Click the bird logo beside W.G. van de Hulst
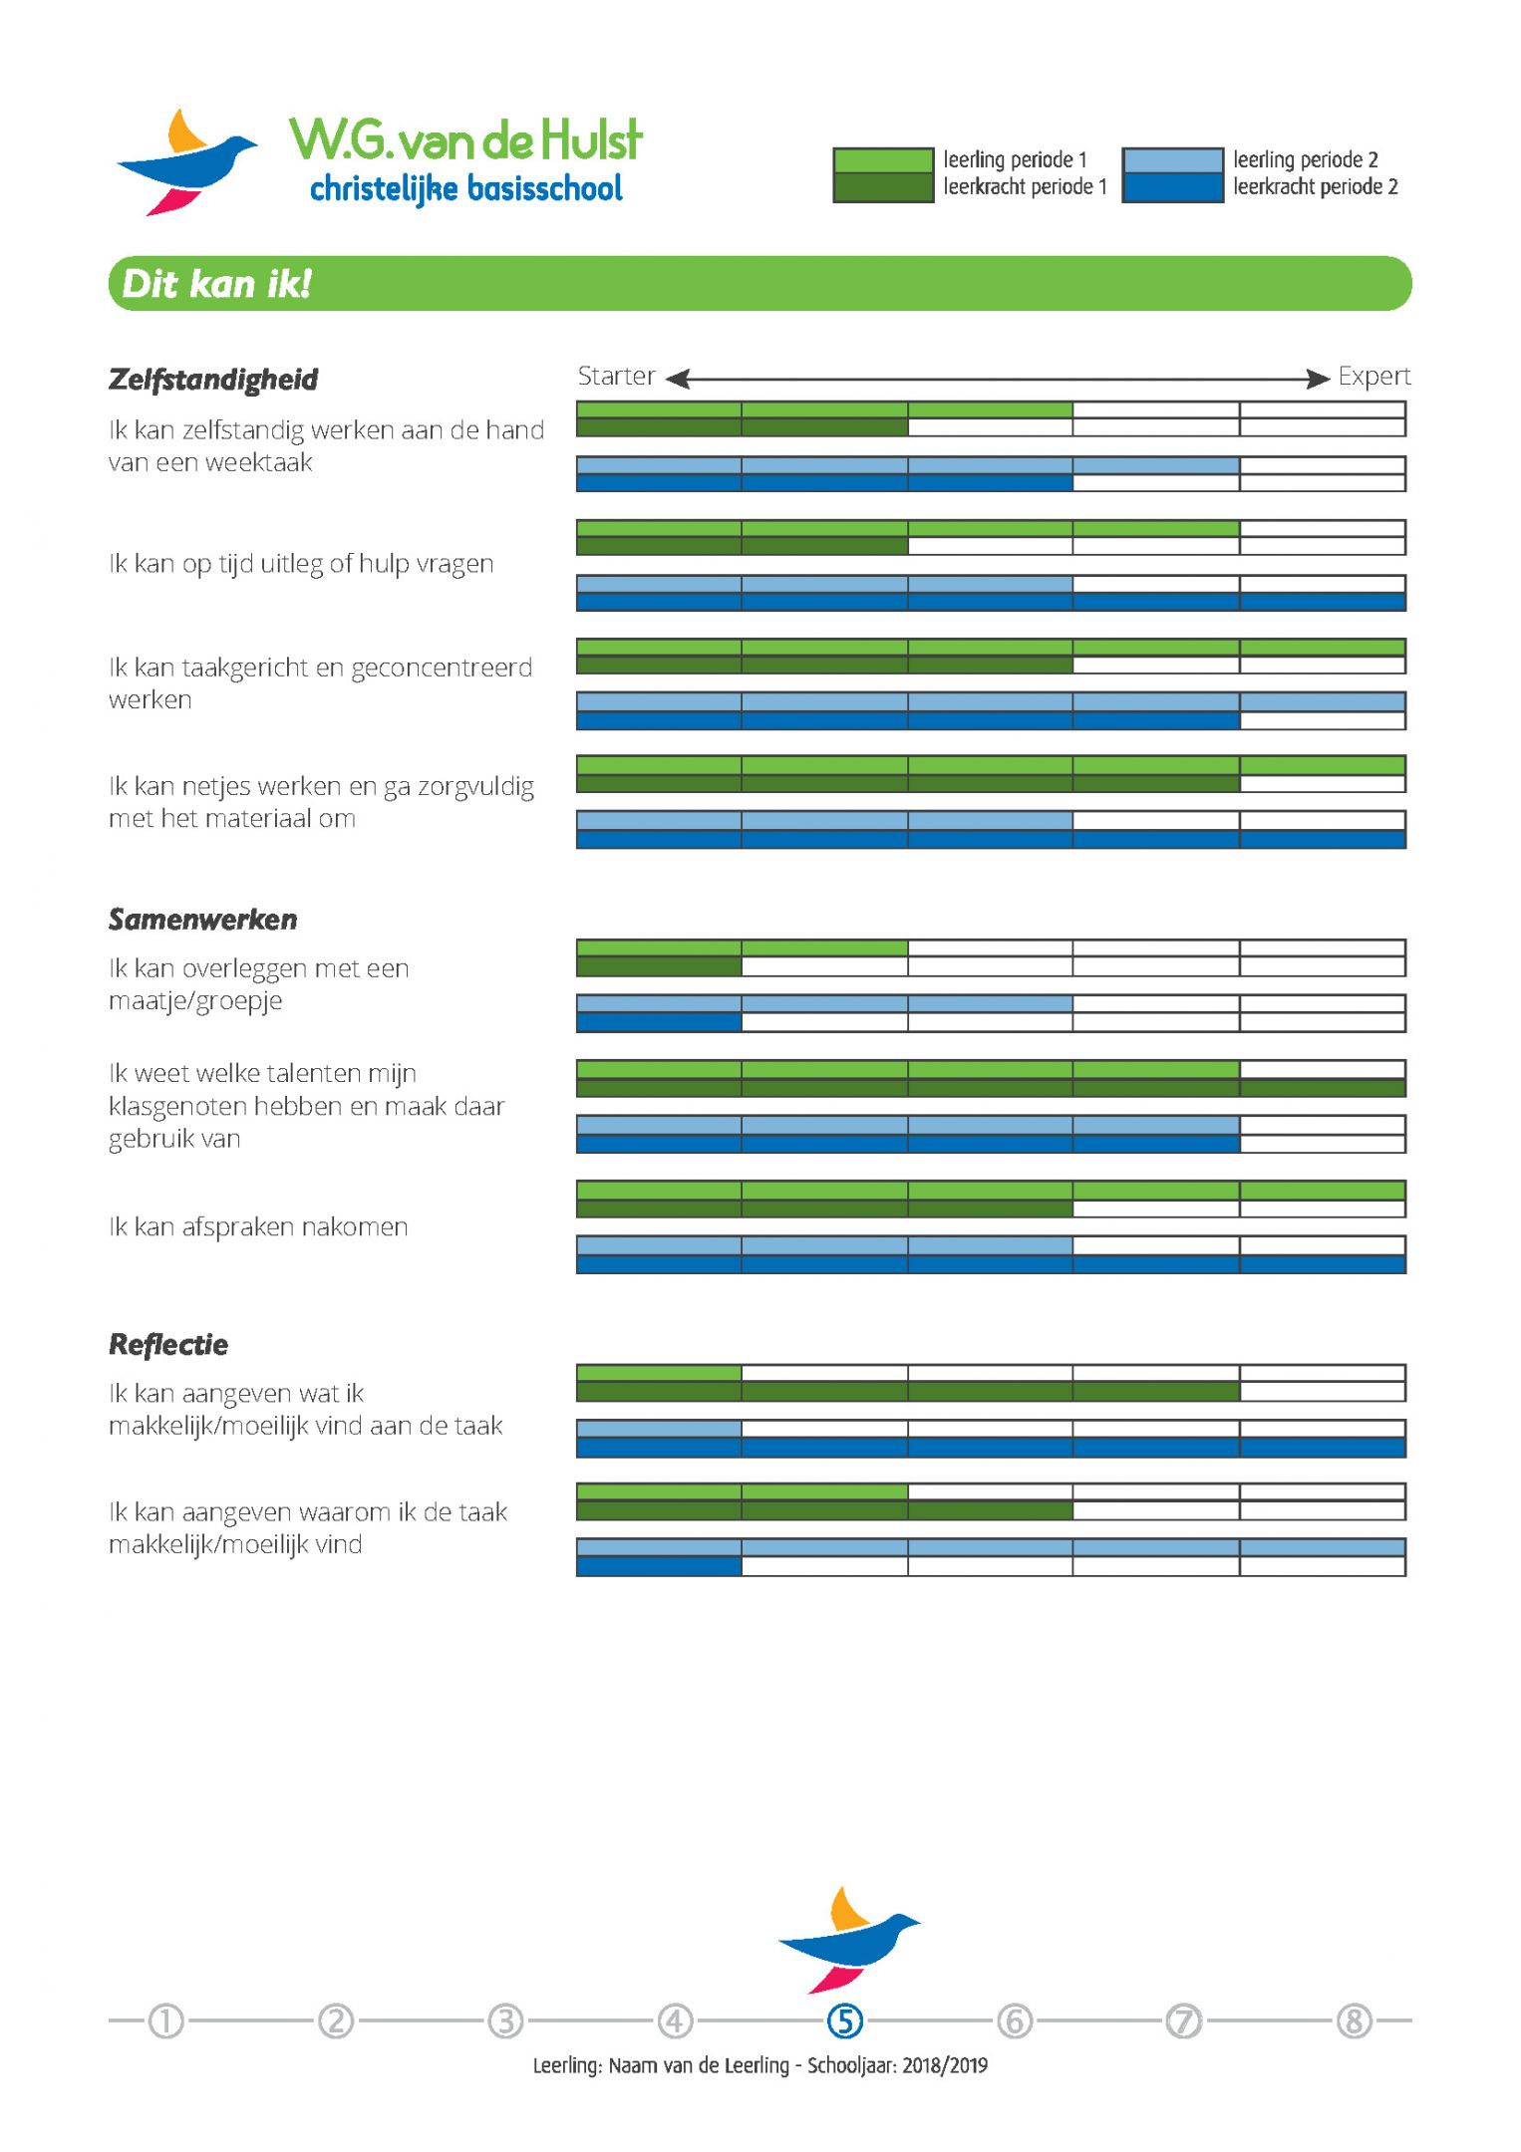click(186, 162)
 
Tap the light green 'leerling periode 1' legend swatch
click(882, 160)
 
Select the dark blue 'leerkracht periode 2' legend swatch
click(1172, 187)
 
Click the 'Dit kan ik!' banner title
click(216, 284)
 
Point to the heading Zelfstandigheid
click(213, 380)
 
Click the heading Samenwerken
click(202, 920)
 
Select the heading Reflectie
click(168, 1345)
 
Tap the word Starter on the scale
click(616, 377)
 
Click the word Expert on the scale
click(1374, 377)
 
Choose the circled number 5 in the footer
click(845, 2021)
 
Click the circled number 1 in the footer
click(166, 2021)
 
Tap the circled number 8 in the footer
click(1355, 2021)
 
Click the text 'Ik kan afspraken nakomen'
click(258, 1226)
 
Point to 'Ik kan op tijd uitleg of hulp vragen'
click(301, 564)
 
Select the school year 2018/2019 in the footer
click(945, 2065)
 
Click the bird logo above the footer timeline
click(848, 1940)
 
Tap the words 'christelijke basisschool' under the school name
click(466, 188)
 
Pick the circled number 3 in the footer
click(505, 2021)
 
